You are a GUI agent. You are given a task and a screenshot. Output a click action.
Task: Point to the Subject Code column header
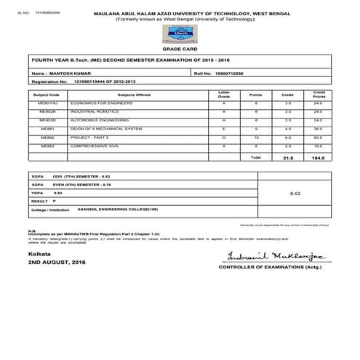point(47,95)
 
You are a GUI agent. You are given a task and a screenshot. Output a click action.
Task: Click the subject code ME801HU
point(47,103)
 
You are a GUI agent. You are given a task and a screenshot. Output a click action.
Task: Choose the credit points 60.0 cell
point(318,136)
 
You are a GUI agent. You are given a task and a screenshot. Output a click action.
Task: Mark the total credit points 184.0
point(318,157)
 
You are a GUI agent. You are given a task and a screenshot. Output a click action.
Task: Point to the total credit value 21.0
point(287,157)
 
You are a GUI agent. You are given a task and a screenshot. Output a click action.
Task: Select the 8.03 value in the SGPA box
point(295,194)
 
